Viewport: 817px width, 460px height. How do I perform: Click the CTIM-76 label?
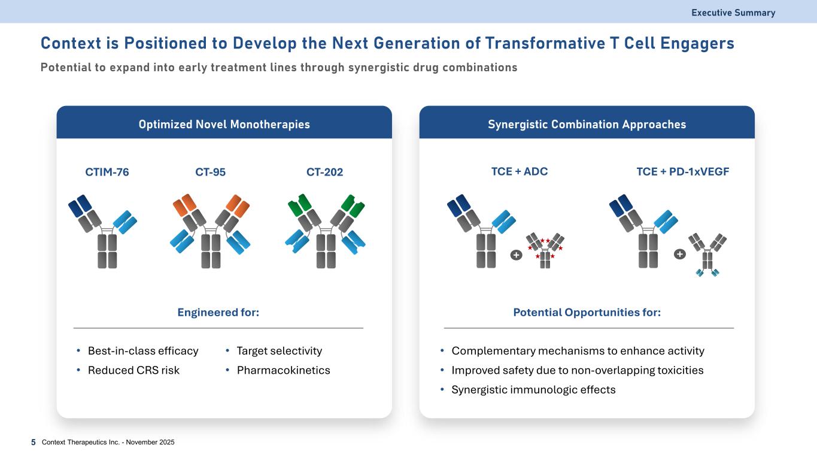tap(108, 172)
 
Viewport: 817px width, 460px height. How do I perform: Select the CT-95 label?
tap(211, 172)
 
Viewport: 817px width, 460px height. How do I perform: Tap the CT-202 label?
tap(325, 172)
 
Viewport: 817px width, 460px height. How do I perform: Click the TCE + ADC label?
tap(519, 171)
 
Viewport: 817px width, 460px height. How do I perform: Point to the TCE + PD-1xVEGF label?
tap(683, 171)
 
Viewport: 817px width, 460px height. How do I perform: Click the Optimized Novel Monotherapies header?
tap(224, 125)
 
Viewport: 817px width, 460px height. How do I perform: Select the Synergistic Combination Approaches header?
tap(587, 125)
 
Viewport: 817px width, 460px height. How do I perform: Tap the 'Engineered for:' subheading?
tap(218, 313)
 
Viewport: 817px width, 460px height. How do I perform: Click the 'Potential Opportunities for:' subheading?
tap(587, 313)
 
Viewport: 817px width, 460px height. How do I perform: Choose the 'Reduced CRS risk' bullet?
tap(133, 370)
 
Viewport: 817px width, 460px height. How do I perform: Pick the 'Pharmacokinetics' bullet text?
tap(283, 370)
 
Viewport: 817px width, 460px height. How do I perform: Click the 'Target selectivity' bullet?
tap(280, 351)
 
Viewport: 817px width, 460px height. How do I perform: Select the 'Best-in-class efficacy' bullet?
tap(143, 351)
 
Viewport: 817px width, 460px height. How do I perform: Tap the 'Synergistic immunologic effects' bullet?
tap(533, 390)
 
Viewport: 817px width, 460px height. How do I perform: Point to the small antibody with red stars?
tap(545, 249)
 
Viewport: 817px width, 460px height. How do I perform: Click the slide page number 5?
tap(33, 442)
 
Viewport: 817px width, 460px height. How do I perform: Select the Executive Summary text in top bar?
tap(733, 13)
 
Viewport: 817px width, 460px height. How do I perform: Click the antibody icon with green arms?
tap(326, 231)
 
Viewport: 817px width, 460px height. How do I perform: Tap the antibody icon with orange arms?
tap(211, 231)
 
